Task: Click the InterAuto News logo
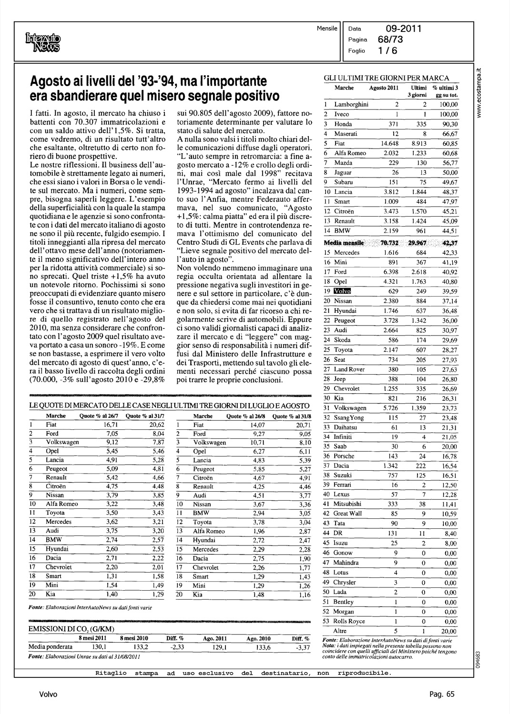coord(43,41)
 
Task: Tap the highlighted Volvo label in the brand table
coord(342,291)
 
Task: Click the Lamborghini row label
coord(351,105)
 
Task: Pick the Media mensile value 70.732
coord(390,243)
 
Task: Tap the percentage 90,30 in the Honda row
coord(449,124)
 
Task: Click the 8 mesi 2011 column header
coord(92,638)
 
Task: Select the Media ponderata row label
coord(51,647)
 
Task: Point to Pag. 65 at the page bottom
coord(442,694)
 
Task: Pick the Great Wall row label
coord(347,514)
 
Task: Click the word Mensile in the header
coord(327,29)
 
